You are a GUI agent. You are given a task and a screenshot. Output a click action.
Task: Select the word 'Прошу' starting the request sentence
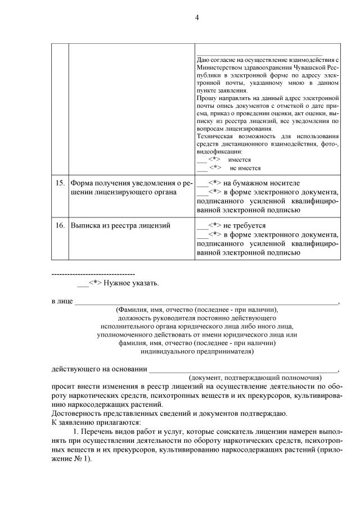tap(206, 97)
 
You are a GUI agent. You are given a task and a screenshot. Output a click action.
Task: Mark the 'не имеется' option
tap(245, 167)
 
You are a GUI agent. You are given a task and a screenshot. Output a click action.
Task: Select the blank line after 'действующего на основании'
tap(243, 369)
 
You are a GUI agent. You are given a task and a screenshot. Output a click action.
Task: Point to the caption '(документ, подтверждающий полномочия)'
tap(255, 378)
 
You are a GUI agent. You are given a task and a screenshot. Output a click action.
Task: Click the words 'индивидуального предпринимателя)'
tap(197, 352)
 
